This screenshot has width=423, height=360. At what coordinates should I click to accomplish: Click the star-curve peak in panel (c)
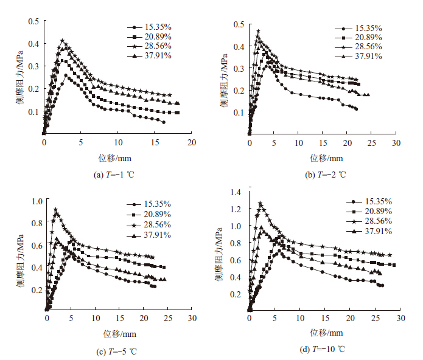coord(56,210)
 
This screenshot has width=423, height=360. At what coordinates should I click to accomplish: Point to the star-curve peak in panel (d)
coord(260,204)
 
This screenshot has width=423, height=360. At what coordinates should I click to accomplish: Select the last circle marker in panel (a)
coord(163,122)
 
